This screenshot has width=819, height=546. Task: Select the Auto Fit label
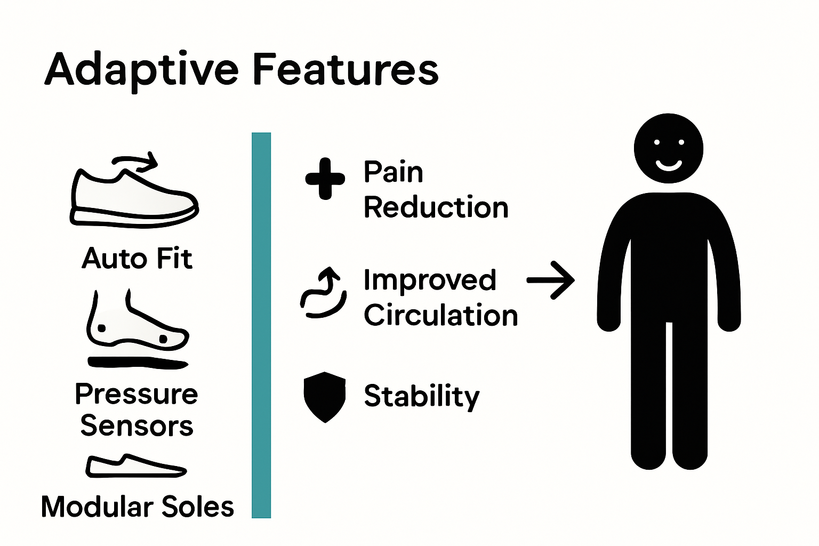137,259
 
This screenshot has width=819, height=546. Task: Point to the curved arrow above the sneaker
136,160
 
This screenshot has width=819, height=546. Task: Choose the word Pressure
136,395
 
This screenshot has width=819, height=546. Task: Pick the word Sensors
136,425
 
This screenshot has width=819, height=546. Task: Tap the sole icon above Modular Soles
135,467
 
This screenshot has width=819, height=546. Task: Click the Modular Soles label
137,507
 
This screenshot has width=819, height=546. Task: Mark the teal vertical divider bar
261,325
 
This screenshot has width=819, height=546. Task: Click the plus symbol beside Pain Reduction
325,179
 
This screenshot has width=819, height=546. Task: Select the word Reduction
436,207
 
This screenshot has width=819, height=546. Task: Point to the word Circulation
440,315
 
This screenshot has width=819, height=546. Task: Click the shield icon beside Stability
324,397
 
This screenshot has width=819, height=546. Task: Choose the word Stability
421,396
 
